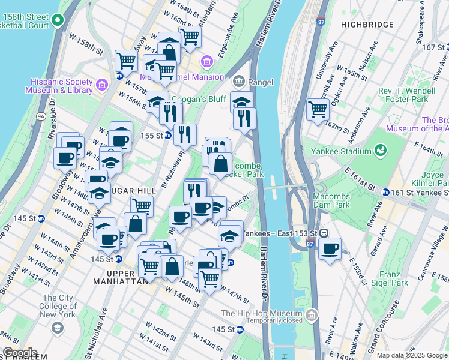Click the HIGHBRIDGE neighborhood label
[x=367, y=25]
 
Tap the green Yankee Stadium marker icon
[x=379, y=149]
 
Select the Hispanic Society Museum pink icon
[x=101, y=84]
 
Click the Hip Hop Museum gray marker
[x=311, y=314]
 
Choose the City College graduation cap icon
[x=57, y=328]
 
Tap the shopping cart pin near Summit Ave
[x=318, y=109]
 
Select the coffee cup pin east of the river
[x=329, y=248]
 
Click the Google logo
[x=20, y=353]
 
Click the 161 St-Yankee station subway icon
[x=385, y=192]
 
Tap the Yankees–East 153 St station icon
[x=323, y=233]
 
